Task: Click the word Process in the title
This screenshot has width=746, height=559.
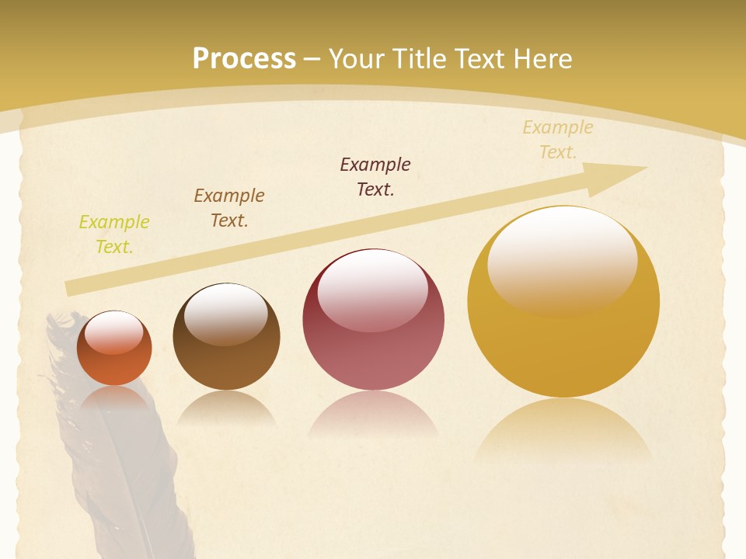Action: coord(244,59)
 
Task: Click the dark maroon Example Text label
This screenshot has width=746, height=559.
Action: coord(375,176)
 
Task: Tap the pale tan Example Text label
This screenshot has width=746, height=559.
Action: coord(558,140)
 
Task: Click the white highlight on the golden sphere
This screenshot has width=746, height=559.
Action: coord(562,256)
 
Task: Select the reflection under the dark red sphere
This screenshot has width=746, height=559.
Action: coord(373,415)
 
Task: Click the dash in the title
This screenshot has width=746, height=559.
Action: coord(312,59)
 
